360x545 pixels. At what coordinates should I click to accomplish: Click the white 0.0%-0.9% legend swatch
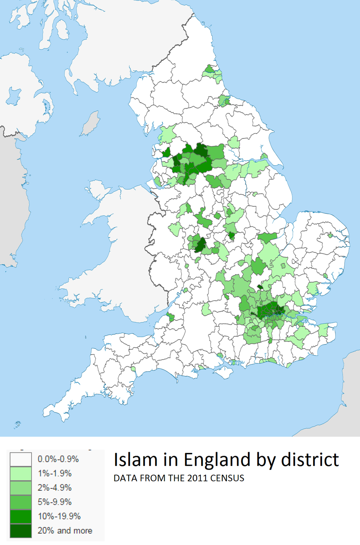tap(21, 459)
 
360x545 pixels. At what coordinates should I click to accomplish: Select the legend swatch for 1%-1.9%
tap(21, 474)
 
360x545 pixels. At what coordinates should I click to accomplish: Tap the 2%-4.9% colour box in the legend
tap(21, 488)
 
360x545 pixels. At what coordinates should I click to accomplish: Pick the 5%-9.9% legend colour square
tap(21, 502)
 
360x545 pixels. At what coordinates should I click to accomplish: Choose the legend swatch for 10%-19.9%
tap(21, 517)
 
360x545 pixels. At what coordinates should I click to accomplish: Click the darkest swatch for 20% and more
tap(21, 531)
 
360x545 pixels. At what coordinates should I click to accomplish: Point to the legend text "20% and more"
tap(65, 531)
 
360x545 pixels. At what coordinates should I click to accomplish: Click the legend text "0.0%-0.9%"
tap(58, 459)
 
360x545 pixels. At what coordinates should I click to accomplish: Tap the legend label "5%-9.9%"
tap(55, 502)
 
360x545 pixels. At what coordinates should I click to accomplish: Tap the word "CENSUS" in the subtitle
tap(227, 478)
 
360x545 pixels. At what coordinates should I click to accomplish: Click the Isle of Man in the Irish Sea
tap(90, 123)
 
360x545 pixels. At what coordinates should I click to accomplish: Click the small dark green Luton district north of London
tap(260, 287)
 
